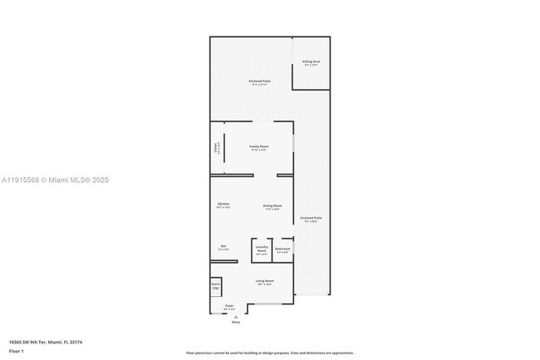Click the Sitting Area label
(312, 62)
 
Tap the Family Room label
(258, 147)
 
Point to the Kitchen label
(223, 205)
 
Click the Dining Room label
(272, 206)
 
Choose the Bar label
(223, 247)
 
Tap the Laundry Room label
(261, 249)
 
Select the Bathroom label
(283, 249)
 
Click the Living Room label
(264, 282)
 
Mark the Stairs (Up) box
(215, 286)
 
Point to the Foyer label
(228, 307)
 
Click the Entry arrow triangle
(236, 316)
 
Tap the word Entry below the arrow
(236, 322)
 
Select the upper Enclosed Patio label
(259, 82)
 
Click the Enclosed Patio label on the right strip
(312, 219)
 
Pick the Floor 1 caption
(17, 351)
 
